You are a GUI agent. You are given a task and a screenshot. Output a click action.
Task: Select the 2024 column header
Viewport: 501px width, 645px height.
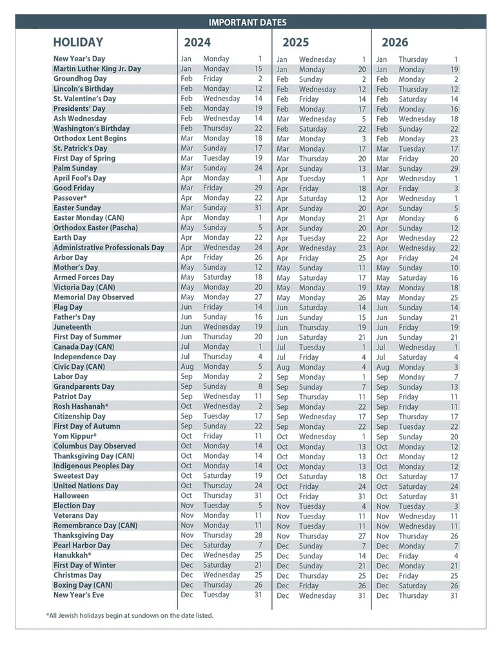(197, 43)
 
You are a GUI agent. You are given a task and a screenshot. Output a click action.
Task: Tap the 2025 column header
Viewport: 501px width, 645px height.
(296, 43)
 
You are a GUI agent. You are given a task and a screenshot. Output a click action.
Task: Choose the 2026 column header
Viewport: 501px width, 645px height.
(395, 43)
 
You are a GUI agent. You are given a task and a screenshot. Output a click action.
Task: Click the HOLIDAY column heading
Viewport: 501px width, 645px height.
(78, 43)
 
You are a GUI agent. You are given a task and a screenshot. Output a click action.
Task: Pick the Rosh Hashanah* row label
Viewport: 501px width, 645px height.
(81, 406)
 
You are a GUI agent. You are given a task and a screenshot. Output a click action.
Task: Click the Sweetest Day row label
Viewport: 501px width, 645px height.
(75, 476)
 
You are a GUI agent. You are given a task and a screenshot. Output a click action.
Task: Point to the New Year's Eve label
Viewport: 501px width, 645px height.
(79, 595)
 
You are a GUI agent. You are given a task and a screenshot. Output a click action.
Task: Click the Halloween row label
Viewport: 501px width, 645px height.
(71, 496)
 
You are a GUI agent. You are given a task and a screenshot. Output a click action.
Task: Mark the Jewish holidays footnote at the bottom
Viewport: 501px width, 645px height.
(130, 615)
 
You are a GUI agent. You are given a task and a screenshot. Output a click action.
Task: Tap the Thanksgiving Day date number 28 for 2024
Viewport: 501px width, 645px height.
(258, 535)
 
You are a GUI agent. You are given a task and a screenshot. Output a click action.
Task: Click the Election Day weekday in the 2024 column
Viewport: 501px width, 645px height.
(216, 506)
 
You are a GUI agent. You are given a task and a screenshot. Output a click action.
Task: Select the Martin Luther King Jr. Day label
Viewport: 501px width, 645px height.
(97, 68)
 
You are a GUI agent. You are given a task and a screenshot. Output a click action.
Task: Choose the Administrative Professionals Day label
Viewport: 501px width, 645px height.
(108, 248)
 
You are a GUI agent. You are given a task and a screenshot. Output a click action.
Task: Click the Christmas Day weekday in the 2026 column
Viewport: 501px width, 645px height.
(408, 576)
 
